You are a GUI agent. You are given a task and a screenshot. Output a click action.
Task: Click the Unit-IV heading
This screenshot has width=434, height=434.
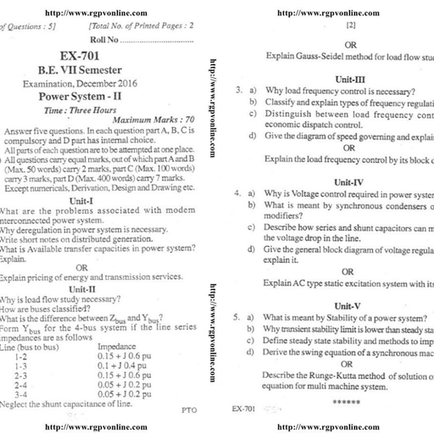(349, 181)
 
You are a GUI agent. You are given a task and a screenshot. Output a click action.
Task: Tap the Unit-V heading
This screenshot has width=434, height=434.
(348, 305)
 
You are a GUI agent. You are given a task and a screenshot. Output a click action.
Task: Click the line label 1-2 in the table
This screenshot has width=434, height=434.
(22, 356)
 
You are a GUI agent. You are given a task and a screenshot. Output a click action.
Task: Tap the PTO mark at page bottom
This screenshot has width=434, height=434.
(189, 409)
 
